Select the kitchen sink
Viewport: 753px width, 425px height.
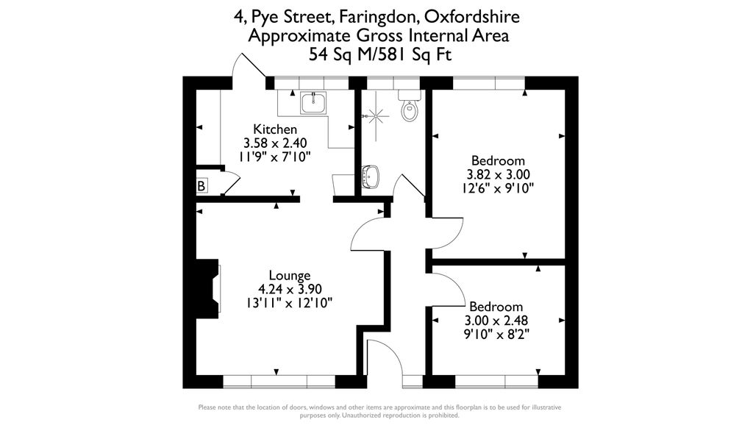(x=314, y=103)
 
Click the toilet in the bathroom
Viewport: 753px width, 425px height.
(x=410, y=110)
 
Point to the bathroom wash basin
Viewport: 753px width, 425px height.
(x=371, y=176)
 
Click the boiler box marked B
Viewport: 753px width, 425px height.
(x=201, y=186)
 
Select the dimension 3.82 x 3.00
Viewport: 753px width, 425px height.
(x=498, y=174)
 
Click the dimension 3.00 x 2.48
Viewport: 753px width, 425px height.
(x=496, y=321)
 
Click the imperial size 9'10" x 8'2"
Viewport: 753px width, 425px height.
(x=496, y=335)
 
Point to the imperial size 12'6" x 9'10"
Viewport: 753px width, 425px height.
(x=498, y=188)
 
